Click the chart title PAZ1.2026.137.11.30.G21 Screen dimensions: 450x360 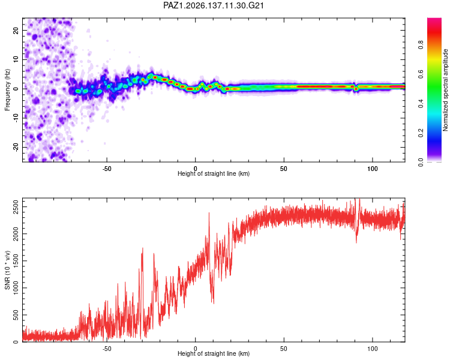(x=213, y=5)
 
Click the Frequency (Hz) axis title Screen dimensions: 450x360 (x=7, y=90)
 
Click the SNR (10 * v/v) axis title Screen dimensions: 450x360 (x=7, y=270)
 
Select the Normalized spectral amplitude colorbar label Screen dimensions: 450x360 (x=445, y=90)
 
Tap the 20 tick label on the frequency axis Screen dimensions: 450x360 (x=16, y=30)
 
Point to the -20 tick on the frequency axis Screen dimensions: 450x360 (x=16, y=148)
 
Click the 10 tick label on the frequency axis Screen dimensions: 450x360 (x=16, y=59)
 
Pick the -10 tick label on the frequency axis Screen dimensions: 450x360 (x=16, y=118)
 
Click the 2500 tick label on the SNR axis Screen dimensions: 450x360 (x=16, y=207)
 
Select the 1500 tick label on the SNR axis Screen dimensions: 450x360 (x=16, y=261)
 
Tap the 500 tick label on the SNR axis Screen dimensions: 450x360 (x=16, y=315)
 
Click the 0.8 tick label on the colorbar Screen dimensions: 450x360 (x=421, y=45)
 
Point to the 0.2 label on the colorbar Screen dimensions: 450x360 (x=421, y=133)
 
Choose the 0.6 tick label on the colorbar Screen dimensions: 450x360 (x=421, y=74)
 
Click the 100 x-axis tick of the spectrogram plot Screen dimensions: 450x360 (x=372, y=169)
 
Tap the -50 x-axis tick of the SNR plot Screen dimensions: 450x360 (x=107, y=349)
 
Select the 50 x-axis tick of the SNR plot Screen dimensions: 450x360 (x=284, y=349)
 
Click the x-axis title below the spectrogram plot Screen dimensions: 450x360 (x=214, y=173)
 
